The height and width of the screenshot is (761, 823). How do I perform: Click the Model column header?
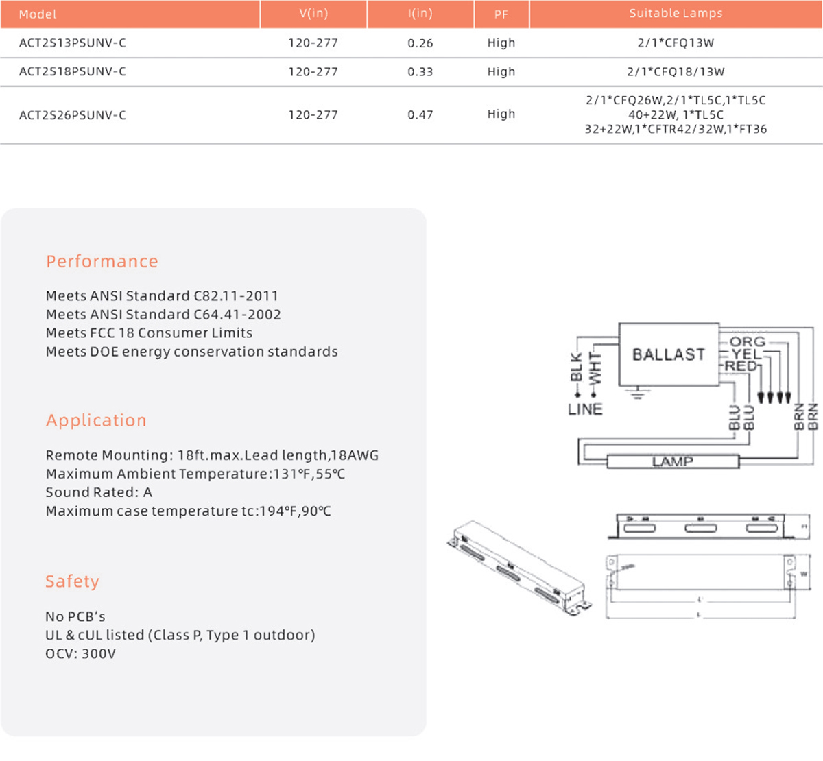(38, 14)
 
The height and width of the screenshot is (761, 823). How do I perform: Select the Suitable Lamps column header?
(676, 14)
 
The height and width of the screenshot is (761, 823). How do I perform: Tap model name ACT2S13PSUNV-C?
(73, 43)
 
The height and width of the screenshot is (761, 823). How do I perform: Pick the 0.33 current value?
(420, 72)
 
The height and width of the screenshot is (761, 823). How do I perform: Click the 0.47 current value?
(420, 115)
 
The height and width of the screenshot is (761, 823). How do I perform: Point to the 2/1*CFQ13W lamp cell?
(676, 43)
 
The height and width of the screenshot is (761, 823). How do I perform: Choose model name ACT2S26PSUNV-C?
(73, 115)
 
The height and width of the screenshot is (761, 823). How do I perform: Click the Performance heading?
(102, 262)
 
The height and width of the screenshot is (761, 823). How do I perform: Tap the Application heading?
(96, 421)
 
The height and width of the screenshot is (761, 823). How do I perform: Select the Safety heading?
(72, 581)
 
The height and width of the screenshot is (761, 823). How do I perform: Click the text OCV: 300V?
(81, 654)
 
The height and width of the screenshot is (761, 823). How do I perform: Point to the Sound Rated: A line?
(99, 492)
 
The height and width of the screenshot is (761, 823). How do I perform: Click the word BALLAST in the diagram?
(669, 354)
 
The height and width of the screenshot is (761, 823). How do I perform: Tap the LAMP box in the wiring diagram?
(673, 461)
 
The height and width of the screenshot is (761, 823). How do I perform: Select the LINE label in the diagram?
(585, 409)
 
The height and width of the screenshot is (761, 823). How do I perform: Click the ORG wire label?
(747, 341)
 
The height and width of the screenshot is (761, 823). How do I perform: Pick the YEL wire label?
(746, 354)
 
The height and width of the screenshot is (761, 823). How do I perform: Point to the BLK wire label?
(576, 367)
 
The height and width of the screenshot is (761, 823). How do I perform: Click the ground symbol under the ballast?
(639, 393)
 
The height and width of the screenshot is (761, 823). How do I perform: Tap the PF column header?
(501, 14)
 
